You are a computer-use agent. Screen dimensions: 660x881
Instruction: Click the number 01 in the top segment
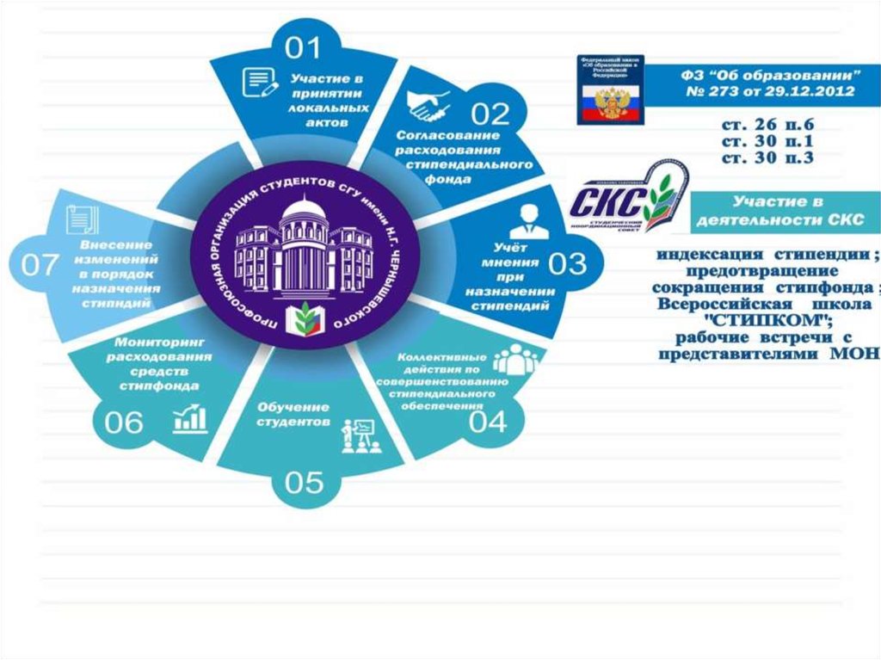(302, 47)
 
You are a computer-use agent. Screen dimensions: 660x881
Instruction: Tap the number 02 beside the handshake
(489, 114)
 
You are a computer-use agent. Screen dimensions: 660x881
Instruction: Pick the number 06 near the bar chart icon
(124, 423)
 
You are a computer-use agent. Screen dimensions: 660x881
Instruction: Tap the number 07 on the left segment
(40, 265)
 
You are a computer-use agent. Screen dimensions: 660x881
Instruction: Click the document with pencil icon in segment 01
(261, 83)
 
